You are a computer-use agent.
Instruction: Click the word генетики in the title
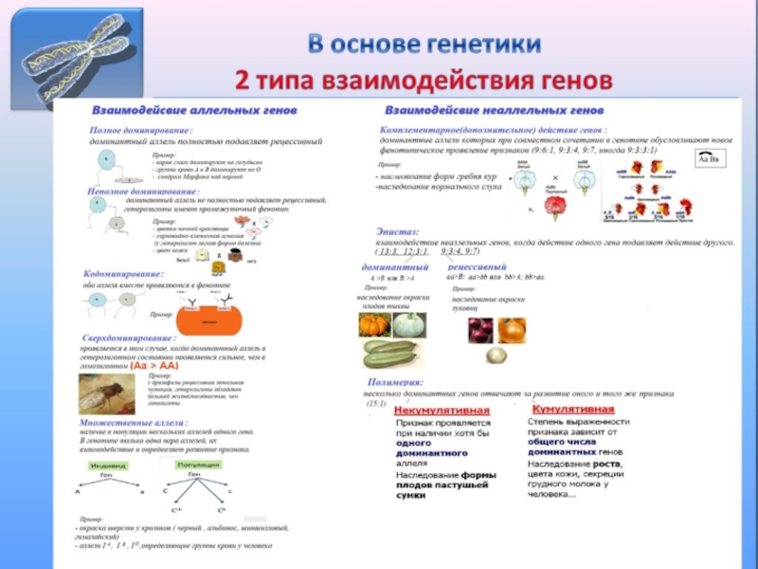click(x=479, y=45)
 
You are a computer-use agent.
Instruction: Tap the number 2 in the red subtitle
click(x=243, y=78)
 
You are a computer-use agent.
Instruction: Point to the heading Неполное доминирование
click(x=147, y=192)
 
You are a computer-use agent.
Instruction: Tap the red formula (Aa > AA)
click(x=155, y=365)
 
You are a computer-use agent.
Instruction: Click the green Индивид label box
click(x=109, y=466)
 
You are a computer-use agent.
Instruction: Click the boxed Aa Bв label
click(x=708, y=159)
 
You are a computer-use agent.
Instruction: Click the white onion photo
click(x=495, y=355)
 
